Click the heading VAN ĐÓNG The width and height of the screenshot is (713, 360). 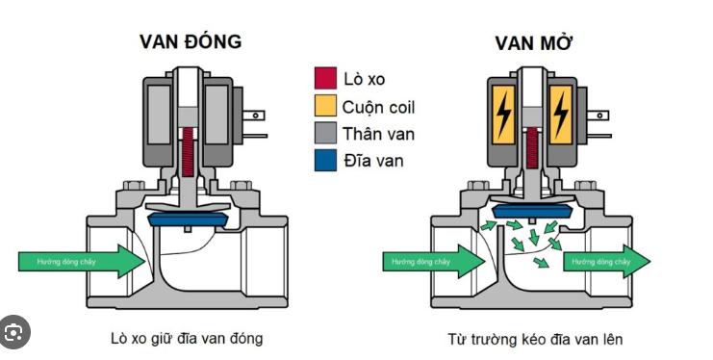click(191, 41)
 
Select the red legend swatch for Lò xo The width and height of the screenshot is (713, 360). click(325, 78)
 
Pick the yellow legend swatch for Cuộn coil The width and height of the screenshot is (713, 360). click(325, 106)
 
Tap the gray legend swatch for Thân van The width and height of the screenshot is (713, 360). click(325, 133)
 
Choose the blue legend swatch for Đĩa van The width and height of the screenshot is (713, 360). click(325, 160)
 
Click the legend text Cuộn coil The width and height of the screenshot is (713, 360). click(379, 107)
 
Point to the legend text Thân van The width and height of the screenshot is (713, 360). click(378, 134)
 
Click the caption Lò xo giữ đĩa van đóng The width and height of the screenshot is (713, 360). click(186, 338)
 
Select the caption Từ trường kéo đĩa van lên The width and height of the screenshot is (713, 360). click(535, 339)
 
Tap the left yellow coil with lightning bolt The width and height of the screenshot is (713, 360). click(503, 116)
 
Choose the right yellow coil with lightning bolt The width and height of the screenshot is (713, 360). click(560, 116)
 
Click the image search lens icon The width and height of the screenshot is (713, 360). click(14, 333)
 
